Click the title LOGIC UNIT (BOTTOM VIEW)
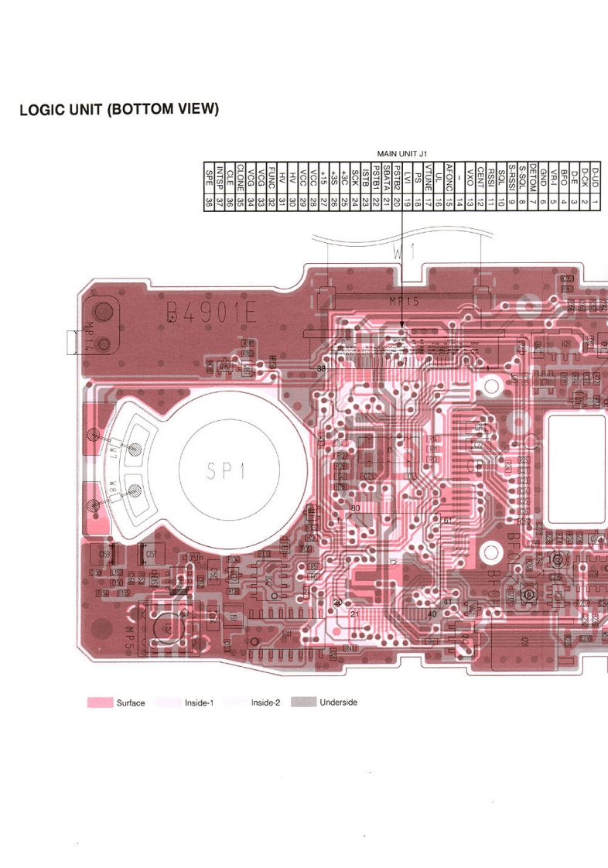coord(120,109)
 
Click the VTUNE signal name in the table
coord(428,179)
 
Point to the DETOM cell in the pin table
coord(534,179)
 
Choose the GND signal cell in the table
coord(544,179)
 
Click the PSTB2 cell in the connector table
coord(397,179)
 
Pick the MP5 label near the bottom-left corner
coord(130,637)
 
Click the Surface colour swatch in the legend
coord(100,702)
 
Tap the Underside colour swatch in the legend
coord(303,702)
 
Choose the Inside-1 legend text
coord(199,703)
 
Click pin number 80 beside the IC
coord(355,508)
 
